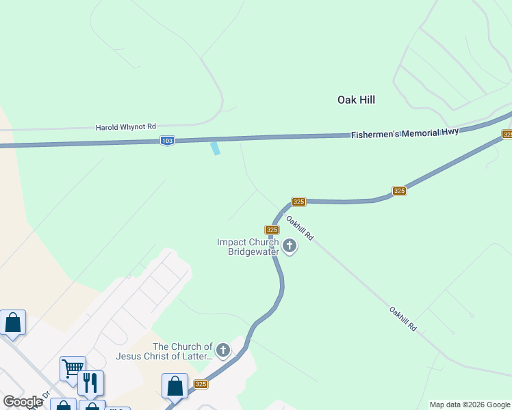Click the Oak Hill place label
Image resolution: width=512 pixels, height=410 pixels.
pyautogui.click(x=356, y=100)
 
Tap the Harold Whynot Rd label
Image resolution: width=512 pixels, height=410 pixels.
pyautogui.click(x=125, y=127)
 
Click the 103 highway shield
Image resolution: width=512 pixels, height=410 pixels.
pyautogui.click(x=167, y=141)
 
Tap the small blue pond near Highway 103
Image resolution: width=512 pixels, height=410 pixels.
pyautogui.click(x=216, y=148)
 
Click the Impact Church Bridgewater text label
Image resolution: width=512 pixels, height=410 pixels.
pyautogui.click(x=248, y=247)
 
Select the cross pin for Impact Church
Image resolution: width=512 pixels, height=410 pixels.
pyautogui.click(x=290, y=245)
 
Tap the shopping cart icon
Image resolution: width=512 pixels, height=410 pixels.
pyautogui.click(x=72, y=368)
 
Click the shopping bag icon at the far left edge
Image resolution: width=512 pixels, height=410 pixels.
pyautogui.click(x=13, y=322)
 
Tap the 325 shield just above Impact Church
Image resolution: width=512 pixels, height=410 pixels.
pyautogui.click(x=272, y=230)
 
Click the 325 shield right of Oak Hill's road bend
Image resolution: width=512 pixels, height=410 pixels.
pyautogui.click(x=400, y=191)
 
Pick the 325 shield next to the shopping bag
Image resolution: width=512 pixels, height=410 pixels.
pyautogui.click(x=201, y=385)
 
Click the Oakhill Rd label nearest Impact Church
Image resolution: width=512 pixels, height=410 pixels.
pyautogui.click(x=299, y=228)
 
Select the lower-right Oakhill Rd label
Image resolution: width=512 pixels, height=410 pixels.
pyautogui.click(x=402, y=319)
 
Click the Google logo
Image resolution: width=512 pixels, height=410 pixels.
pyautogui.click(x=23, y=402)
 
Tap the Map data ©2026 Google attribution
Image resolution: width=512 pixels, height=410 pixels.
pyautogui.click(x=470, y=405)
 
